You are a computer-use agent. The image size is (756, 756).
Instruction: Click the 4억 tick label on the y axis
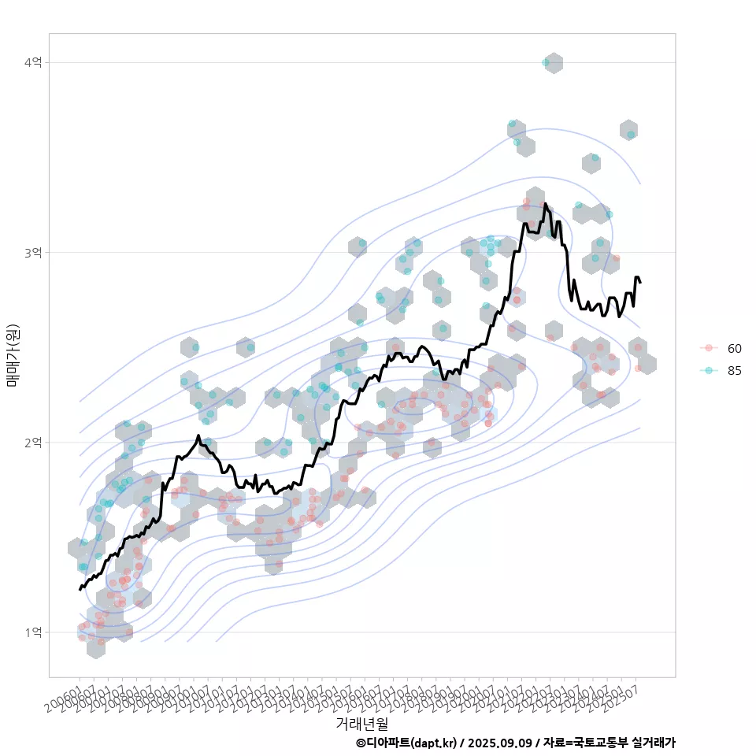pyautogui.click(x=34, y=62)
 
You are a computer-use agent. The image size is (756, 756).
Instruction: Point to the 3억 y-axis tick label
pyautogui.click(x=34, y=252)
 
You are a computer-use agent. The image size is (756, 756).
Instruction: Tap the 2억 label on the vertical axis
pyautogui.click(x=34, y=443)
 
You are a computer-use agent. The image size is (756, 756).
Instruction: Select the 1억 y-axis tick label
pyautogui.click(x=34, y=632)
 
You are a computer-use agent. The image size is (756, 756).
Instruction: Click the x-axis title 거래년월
pyautogui.click(x=361, y=723)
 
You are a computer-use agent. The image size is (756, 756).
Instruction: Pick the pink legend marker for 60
pyautogui.click(x=709, y=348)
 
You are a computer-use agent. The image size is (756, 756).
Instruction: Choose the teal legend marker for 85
pyautogui.click(x=709, y=371)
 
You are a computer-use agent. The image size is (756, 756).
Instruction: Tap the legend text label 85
pyautogui.click(x=735, y=371)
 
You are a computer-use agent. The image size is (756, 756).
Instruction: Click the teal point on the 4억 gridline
pyautogui.click(x=546, y=62)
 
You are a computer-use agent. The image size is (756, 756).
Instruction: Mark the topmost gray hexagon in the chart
pyautogui.click(x=554, y=63)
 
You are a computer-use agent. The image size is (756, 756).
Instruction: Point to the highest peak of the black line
pyautogui.click(x=545, y=204)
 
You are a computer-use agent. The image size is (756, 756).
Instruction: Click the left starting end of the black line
pyautogui.click(x=80, y=589)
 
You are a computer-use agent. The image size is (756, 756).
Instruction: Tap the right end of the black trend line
pyautogui.click(x=640, y=282)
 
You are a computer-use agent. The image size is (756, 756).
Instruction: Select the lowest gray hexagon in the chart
pyautogui.click(x=96, y=647)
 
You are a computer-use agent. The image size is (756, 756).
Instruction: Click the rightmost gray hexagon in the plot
pyautogui.click(x=647, y=364)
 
